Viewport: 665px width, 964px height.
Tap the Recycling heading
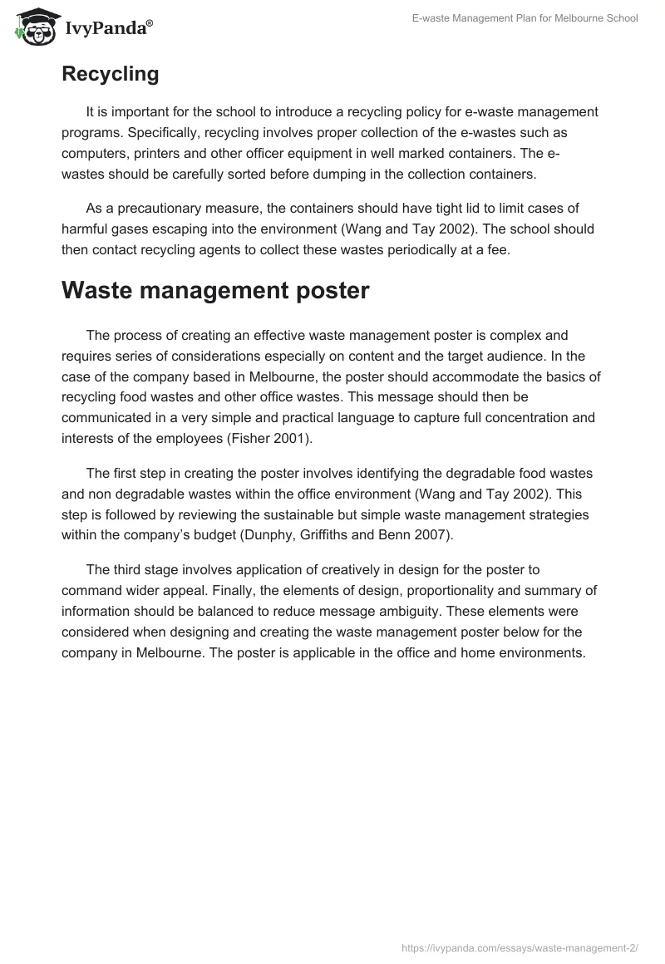click(x=110, y=74)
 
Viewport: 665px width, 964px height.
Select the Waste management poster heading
click(x=214, y=290)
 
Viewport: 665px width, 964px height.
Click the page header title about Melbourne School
click(x=525, y=18)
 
